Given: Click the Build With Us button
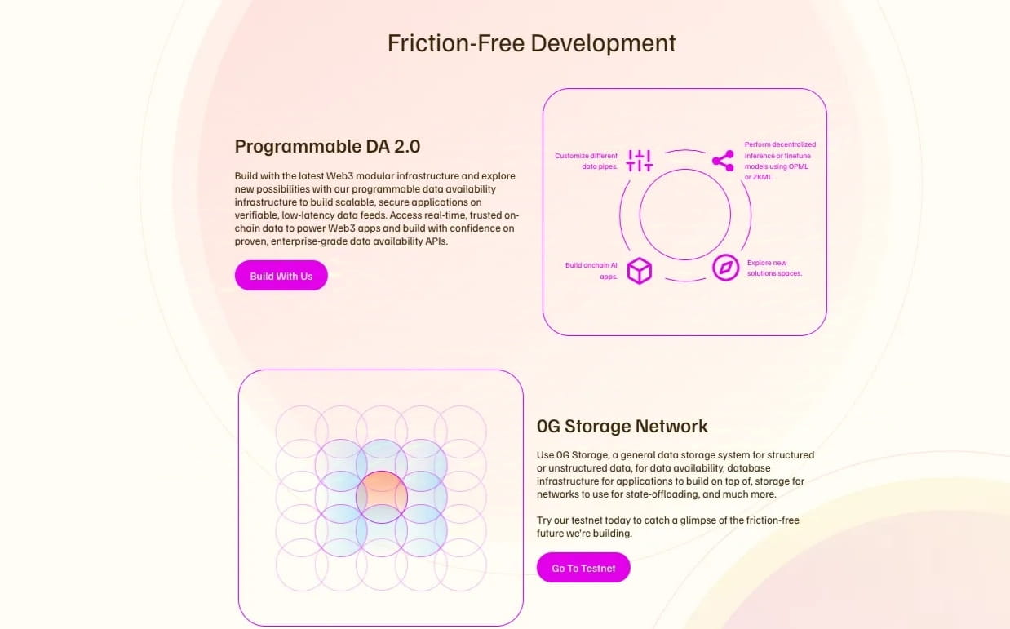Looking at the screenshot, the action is click(281, 276).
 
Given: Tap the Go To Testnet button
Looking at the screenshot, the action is click(583, 568).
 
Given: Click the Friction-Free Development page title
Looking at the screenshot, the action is click(531, 43).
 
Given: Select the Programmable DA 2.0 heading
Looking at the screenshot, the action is click(327, 147).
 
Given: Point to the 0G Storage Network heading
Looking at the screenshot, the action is click(622, 426).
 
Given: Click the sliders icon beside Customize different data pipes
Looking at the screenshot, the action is click(640, 161).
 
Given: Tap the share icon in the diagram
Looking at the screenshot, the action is click(723, 161).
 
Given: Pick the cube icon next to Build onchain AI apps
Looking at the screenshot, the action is click(640, 270).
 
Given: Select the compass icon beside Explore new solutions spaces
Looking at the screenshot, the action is click(725, 268).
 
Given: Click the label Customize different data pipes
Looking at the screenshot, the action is click(587, 161).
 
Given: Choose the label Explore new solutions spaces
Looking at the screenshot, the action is click(774, 268).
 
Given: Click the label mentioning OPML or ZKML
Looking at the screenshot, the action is click(780, 161).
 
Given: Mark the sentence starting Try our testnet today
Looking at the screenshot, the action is click(673, 526).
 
